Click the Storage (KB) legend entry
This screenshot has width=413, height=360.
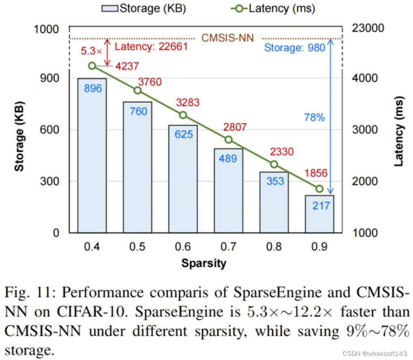click(146, 8)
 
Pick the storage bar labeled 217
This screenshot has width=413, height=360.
click(320, 214)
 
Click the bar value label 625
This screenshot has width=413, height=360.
click(183, 134)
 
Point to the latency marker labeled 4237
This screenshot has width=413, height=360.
click(92, 66)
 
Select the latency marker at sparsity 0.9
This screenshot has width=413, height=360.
click(320, 189)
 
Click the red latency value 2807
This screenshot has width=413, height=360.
click(235, 127)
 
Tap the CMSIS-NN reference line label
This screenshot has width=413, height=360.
click(228, 38)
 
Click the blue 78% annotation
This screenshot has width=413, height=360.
click(314, 118)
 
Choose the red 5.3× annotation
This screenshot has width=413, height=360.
click(91, 51)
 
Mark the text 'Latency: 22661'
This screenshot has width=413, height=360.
click(151, 47)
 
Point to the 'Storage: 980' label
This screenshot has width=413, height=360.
click(294, 48)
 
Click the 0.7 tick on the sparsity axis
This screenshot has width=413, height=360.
click(229, 246)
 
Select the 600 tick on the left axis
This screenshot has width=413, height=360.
click(52, 130)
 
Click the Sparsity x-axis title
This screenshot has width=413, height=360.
click(203, 263)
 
